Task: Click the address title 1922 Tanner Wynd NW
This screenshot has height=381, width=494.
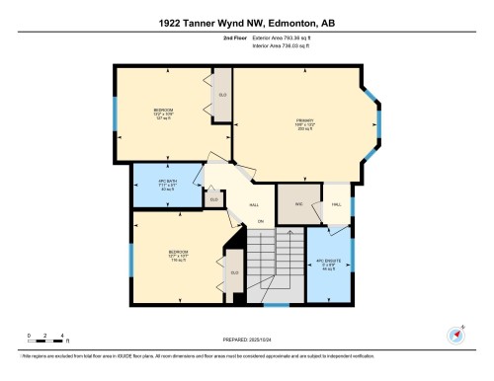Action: (x=246, y=22)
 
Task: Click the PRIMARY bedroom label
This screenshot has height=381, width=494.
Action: (x=303, y=124)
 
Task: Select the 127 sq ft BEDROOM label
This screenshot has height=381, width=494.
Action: (x=163, y=112)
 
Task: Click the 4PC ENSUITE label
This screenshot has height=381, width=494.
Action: (x=326, y=264)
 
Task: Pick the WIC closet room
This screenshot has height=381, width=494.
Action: (x=295, y=204)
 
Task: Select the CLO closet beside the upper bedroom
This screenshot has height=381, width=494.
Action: (x=222, y=95)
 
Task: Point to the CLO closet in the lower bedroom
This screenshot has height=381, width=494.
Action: (x=234, y=272)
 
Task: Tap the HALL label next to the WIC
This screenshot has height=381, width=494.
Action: (x=336, y=203)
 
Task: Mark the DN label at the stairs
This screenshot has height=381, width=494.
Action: (x=261, y=221)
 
